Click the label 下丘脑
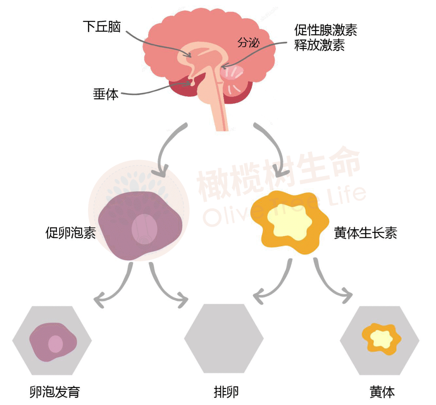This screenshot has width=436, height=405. tap(102, 27)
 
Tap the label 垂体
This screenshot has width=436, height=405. tap(106, 94)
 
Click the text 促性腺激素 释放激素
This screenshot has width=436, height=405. tap(325, 38)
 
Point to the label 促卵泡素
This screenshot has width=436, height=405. tap(71, 233)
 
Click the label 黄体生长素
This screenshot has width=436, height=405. tap(366, 233)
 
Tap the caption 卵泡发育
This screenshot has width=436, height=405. tap(55, 392)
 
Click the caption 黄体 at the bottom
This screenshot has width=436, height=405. tap(382, 392)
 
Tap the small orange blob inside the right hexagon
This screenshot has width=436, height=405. tap(381, 339)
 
